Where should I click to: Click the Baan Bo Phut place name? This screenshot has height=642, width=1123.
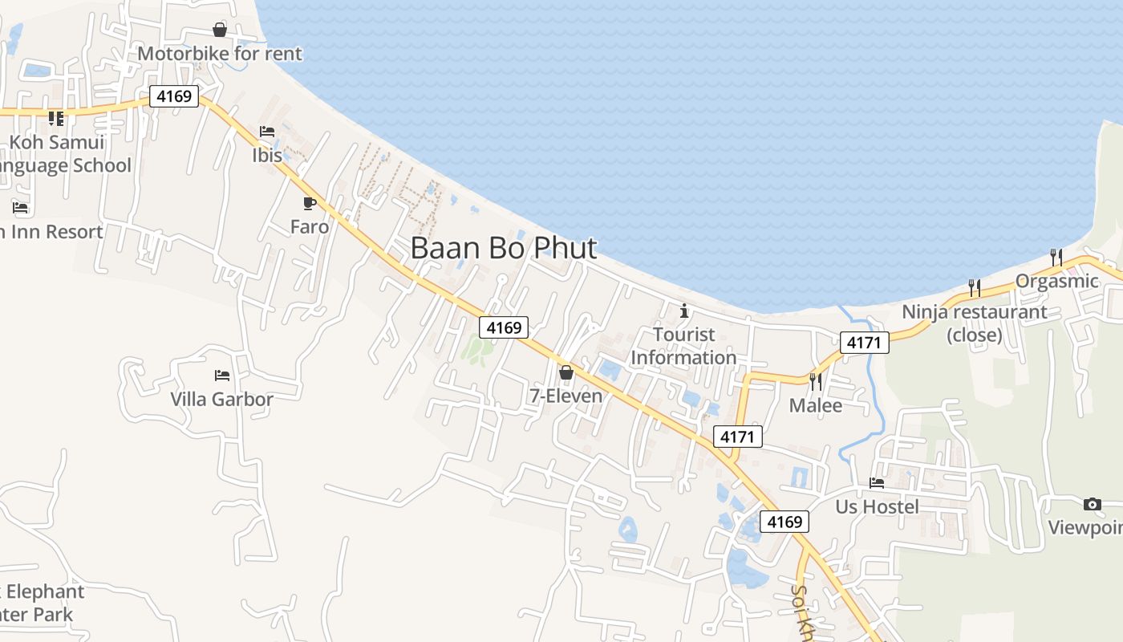(x=504, y=248)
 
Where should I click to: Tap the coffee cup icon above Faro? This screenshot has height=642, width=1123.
(x=310, y=203)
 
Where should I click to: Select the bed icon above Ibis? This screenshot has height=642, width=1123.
(x=267, y=132)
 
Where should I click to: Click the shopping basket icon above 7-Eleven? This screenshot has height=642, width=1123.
(x=566, y=372)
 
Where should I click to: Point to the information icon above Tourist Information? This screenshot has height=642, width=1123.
(x=684, y=310)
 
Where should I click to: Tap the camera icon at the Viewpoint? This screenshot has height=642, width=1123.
(x=1092, y=504)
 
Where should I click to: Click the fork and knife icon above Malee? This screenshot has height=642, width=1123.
(x=816, y=382)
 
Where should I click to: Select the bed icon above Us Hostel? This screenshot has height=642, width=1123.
(x=877, y=483)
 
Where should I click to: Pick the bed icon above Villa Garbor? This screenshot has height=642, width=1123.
(x=222, y=375)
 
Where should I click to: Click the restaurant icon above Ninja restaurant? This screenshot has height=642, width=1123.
(x=975, y=287)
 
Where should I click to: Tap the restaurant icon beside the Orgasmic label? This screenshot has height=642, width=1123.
(x=1056, y=258)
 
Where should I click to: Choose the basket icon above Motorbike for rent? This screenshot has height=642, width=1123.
(x=220, y=30)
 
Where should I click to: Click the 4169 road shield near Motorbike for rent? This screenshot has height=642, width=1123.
(x=173, y=96)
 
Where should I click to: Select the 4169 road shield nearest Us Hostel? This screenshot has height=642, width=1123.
(x=784, y=522)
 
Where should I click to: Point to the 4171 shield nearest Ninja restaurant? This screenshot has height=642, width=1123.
(x=864, y=343)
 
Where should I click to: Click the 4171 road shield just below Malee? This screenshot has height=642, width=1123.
(x=737, y=437)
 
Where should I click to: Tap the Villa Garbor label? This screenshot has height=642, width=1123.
(x=221, y=399)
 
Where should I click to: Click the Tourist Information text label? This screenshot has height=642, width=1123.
(x=683, y=346)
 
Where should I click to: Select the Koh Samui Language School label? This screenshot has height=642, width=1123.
(x=61, y=154)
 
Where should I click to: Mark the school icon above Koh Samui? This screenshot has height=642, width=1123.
(x=55, y=119)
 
